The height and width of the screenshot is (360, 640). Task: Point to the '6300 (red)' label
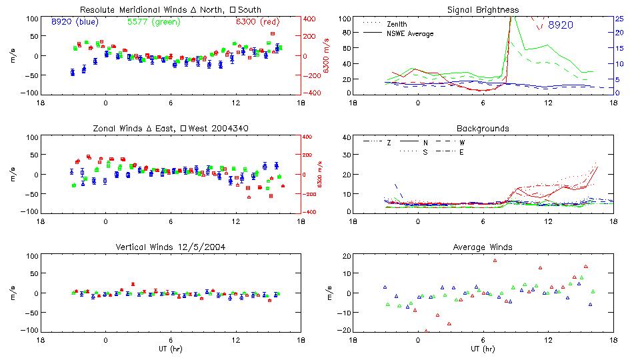[x=257, y=21]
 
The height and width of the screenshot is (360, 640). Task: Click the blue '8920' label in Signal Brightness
[x=560, y=25]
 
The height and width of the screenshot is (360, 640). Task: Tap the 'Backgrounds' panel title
[x=483, y=128]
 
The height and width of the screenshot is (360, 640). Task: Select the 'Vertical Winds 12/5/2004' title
[x=170, y=247]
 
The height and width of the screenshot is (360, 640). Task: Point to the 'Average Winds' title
[x=483, y=247]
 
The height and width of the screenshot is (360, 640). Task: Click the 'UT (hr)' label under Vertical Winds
[x=170, y=349]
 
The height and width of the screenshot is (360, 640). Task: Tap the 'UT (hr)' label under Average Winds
[x=483, y=349]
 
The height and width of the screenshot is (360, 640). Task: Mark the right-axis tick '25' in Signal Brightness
[x=619, y=19]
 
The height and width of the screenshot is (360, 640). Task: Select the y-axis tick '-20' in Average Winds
[x=343, y=330]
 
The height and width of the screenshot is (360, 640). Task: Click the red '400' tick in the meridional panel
[x=311, y=19]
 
